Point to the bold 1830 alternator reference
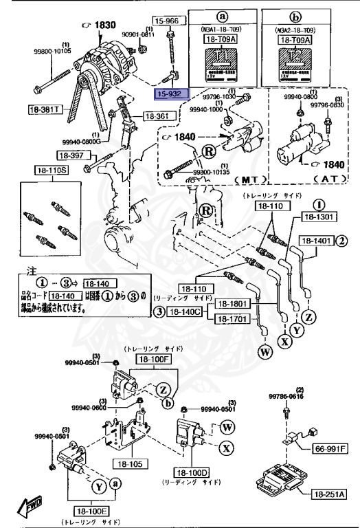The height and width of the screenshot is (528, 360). (x=102, y=25)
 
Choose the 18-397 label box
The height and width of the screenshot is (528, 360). (x=69, y=155)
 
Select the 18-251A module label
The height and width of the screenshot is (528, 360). (x=329, y=494)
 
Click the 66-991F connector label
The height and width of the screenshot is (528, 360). (x=330, y=449)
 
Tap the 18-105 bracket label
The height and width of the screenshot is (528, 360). (x=128, y=464)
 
